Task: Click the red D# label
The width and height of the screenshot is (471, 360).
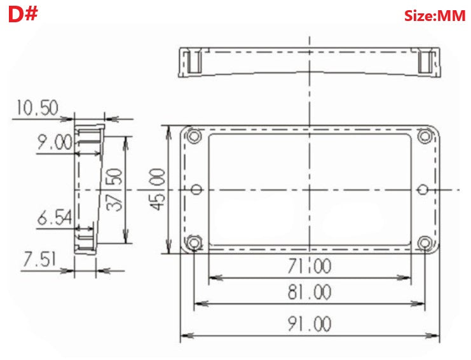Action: [x=23, y=14]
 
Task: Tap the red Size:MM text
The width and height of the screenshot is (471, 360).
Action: [x=435, y=16]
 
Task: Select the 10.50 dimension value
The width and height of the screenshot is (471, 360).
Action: [x=37, y=108]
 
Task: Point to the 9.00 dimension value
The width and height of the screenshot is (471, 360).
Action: [x=55, y=142]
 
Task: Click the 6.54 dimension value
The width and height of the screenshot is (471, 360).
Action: [x=55, y=218]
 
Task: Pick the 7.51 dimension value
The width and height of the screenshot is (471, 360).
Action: [x=39, y=260]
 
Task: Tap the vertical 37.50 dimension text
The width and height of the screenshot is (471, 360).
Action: [x=115, y=190]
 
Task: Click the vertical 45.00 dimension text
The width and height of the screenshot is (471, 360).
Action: [x=158, y=190]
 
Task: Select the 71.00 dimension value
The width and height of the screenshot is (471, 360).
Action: [x=309, y=266]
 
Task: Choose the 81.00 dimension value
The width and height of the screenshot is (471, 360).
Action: [x=309, y=292]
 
